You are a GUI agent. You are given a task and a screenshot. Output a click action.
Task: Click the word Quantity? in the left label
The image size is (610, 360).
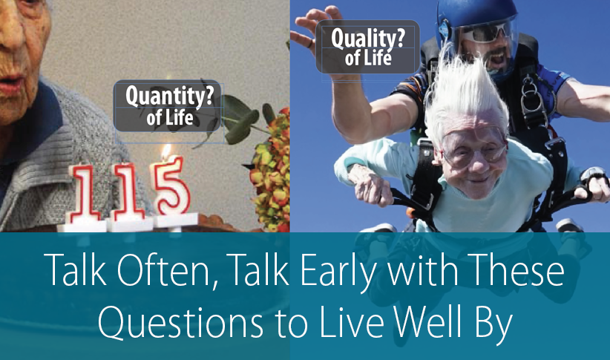point(167,96)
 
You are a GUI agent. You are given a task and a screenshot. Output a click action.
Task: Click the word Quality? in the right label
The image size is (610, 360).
point(367,39)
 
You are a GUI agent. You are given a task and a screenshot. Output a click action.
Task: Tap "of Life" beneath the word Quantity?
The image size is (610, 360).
point(169,117)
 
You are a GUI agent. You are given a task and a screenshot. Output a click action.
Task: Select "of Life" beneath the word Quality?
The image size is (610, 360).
point(368,59)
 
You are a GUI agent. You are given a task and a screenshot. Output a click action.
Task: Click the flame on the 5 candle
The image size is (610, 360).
point(165,152)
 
